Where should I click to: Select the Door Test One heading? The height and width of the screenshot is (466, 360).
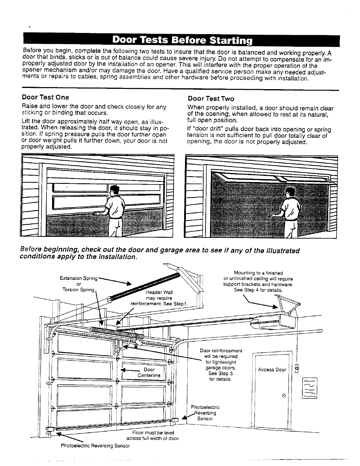[x=45, y=97]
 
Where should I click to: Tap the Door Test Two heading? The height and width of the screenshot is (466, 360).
[x=211, y=99]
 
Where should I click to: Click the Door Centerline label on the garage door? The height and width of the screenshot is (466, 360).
[x=149, y=372]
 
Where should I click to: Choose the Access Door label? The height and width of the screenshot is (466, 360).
[x=272, y=370]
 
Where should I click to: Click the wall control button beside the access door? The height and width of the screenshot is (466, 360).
[x=296, y=368]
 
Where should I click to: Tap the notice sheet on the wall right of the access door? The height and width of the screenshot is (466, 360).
[x=309, y=388]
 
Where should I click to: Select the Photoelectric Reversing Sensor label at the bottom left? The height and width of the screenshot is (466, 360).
[x=95, y=446]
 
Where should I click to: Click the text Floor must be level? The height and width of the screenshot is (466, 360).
[x=153, y=433]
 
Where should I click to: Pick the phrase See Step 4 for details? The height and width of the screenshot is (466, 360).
[x=258, y=290]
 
